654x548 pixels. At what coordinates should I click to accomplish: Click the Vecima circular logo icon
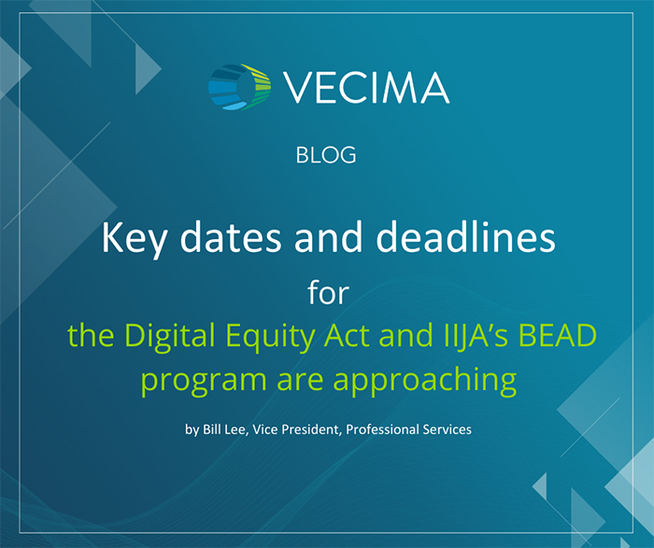[x=239, y=87]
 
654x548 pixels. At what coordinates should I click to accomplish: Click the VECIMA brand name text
[x=365, y=88]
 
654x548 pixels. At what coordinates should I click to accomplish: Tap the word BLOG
[x=326, y=155]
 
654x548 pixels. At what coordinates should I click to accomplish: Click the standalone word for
[x=327, y=292]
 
